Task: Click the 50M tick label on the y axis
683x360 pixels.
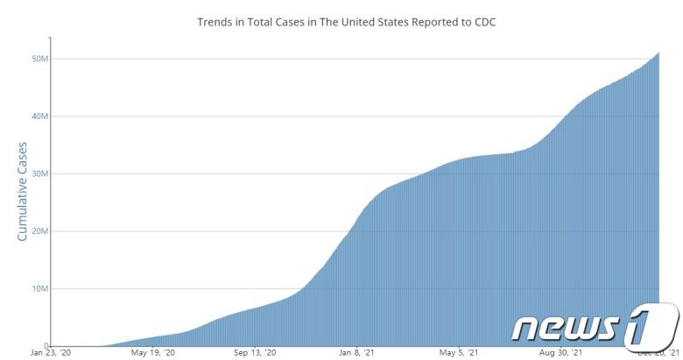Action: [x=39, y=59]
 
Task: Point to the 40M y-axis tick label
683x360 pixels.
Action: [x=39, y=116]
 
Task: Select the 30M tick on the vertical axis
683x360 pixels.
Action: [x=39, y=173]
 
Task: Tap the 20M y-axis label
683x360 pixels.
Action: [x=39, y=231]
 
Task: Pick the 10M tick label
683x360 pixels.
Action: [x=39, y=288]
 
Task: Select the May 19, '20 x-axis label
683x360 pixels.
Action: [x=152, y=353]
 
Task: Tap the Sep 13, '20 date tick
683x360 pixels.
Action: [x=255, y=353]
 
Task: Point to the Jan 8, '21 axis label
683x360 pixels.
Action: [x=356, y=353]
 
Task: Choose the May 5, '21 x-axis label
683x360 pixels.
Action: [x=458, y=353]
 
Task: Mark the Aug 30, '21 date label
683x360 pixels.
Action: [x=560, y=353]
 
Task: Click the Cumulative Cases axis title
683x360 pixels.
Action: [x=22, y=192]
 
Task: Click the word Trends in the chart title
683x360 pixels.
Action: [x=215, y=21]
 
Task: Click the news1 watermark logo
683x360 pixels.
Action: [x=595, y=325]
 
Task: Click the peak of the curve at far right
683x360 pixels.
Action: [x=658, y=53]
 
